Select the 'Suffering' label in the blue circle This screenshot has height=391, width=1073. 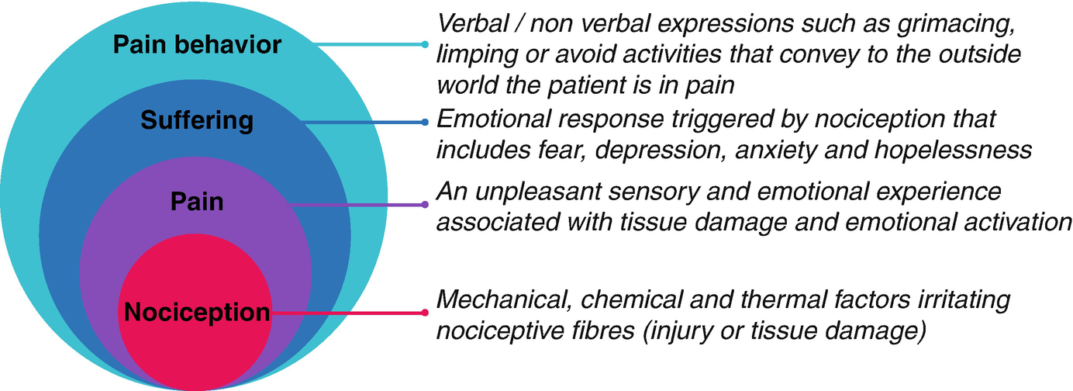(197, 120)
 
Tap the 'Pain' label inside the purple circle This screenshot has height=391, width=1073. (197, 202)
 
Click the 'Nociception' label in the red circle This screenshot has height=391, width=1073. (197, 313)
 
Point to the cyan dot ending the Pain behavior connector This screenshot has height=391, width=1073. (425, 44)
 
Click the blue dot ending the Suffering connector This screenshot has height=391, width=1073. (425, 122)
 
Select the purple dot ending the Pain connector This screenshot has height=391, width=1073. (425, 205)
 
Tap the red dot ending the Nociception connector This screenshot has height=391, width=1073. (425, 313)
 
